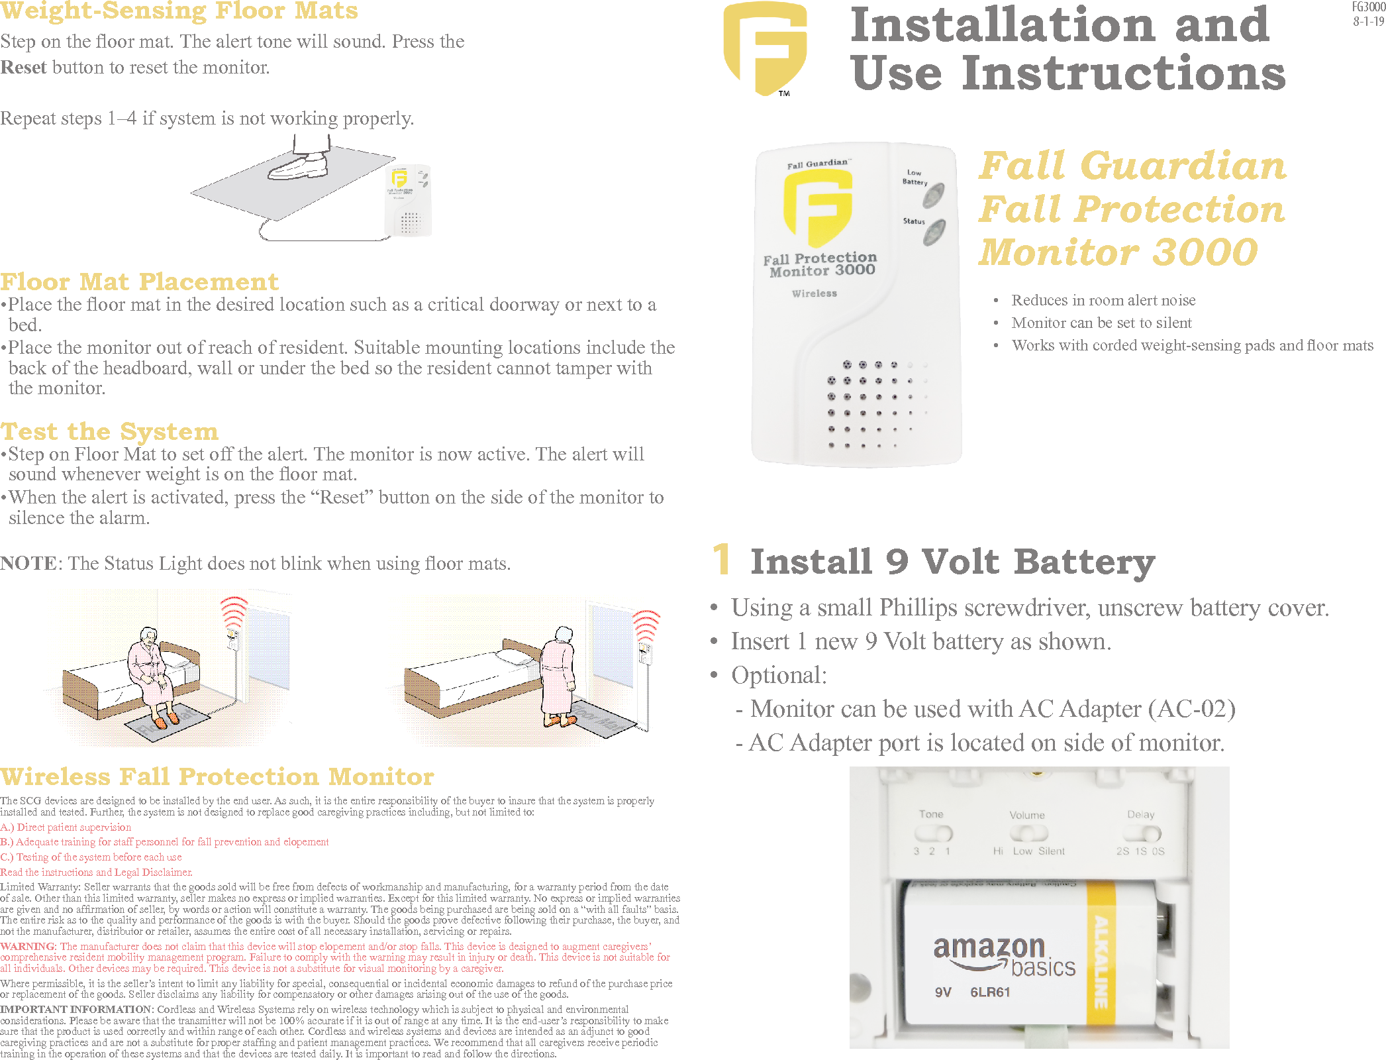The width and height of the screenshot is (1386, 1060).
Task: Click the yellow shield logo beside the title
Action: (765, 48)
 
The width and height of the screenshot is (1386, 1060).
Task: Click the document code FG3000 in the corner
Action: (1368, 7)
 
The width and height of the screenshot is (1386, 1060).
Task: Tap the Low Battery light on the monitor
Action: (933, 195)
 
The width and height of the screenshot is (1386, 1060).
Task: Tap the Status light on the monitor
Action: (934, 233)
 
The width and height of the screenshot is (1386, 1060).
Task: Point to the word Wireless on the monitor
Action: (814, 293)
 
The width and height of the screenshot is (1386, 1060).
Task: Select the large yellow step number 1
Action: (721, 559)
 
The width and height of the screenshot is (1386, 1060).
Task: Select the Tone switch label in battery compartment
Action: (930, 814)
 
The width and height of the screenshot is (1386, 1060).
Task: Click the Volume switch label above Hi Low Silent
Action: (1026, 816)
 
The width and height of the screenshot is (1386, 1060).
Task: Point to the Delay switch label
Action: (1140, 815)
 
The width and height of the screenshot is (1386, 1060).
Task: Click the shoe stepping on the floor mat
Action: (299, 166)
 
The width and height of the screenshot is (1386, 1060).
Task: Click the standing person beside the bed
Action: (559, 676)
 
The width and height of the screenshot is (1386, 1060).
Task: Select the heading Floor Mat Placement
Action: (139, 282)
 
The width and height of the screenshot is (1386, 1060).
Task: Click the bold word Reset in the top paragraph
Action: (23, 68)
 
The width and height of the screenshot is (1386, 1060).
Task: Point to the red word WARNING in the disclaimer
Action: (28, 946)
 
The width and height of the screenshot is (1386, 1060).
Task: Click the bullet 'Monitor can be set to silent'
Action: (1101, 323)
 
